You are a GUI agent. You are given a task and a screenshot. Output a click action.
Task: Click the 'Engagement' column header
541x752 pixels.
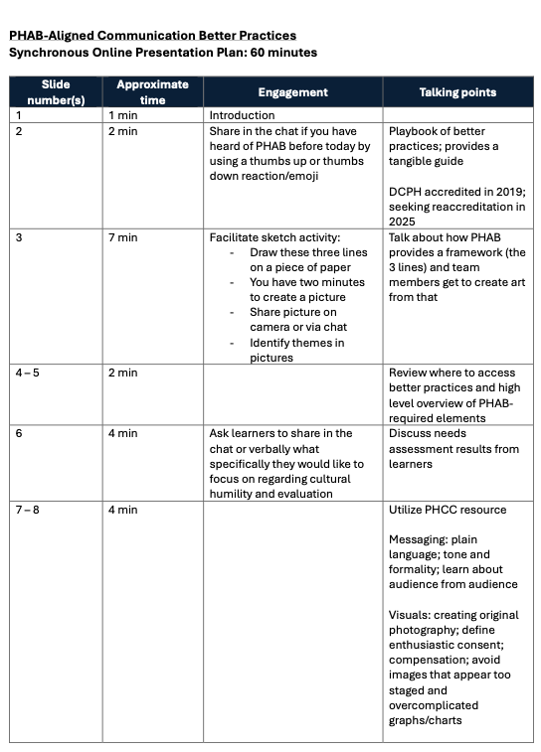pos(292,92)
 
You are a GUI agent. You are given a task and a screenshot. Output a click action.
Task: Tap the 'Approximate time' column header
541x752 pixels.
pos(152,92)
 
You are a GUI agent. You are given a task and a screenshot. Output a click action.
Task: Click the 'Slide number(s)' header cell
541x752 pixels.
pos(56,92)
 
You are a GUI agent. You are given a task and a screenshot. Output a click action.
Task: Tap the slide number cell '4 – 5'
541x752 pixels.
pos(27,373)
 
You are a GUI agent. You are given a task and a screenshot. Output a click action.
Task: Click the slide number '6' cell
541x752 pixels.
pos(17,433)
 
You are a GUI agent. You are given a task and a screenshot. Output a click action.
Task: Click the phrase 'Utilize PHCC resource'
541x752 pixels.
pos(448,510)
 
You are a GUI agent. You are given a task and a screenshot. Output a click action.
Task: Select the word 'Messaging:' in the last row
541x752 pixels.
pos(420,539)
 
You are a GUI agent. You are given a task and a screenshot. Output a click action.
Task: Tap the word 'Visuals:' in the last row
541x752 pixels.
pos(412,615)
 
